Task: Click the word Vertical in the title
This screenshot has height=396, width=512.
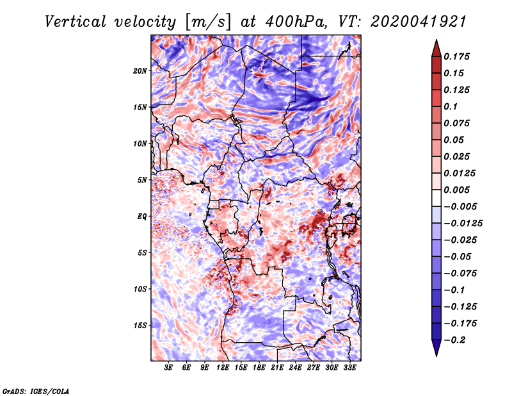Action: click(x=76, y=22)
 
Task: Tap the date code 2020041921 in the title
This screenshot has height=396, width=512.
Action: click(x=419, y=22)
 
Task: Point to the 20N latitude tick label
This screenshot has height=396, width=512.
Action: click(x=140, y=71)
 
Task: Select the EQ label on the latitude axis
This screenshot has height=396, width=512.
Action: click(x=141, y=217)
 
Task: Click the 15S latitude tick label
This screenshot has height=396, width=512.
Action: click(x=140, y=326)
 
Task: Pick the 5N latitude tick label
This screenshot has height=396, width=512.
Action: click(x=142, y=180)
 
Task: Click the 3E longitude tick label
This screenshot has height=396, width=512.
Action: click(x=168, y=368)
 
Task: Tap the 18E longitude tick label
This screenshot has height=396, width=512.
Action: click(x=259, y=368)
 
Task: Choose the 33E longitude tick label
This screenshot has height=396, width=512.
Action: click(x=349, y=368)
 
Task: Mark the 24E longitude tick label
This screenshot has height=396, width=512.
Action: click(x=295, y=368)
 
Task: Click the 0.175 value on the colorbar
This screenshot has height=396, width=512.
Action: click(x=456, y=56)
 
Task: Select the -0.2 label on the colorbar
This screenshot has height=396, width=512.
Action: click(x=454, y=340)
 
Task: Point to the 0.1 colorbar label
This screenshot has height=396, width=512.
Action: click(x=451, y=106)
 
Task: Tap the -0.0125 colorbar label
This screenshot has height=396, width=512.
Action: click(x=463, y=224)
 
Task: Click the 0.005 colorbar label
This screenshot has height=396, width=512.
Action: click(x=456, y=190)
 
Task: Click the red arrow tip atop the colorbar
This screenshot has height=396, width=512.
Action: click(x=436, y=40)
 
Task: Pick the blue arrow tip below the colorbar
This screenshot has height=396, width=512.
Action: click(x=436, y=356)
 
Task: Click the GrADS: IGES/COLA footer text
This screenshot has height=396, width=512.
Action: click(x=36, y=392)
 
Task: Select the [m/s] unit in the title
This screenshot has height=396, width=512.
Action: click(x=208, y=22)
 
